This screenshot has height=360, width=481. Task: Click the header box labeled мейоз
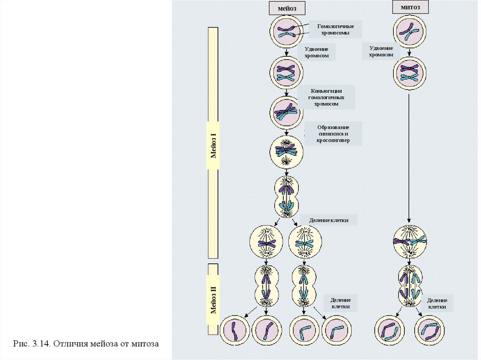click(x=287, y=8)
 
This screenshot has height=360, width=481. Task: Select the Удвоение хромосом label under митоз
click(x=380, y=51)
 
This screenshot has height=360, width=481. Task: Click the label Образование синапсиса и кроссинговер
click(x=334, y=134)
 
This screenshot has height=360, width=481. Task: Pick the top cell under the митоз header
click(x=410, y=32)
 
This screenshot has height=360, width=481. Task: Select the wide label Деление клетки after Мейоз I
click(x=329, y=220)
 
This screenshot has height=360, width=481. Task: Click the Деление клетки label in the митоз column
click(x=437, y=303)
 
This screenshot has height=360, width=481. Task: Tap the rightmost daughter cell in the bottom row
click(x=430, y=330)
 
